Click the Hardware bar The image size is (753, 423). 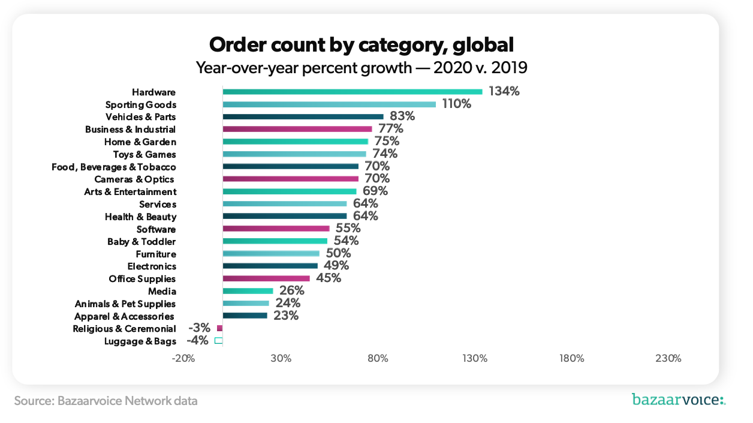click(x=353, y=92)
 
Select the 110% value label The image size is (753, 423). click(x=457, y=104)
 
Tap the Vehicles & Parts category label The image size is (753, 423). click(x=140, y=117)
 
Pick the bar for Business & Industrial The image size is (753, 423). click(x=297, y=129)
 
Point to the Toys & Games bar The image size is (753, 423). click(x=294, y=154)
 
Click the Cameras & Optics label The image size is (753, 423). click(x=134, y=179)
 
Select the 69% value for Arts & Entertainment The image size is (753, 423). click(x=375, y=191)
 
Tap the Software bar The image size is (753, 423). click(x=276, y=229)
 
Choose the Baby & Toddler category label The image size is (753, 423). click(x=141, y=242)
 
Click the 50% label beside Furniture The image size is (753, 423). click(x=338, y=254)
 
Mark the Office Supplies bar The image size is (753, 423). click(x=266, y=278)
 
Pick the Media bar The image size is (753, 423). click(x=248, y=291)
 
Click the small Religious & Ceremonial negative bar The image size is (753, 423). click(x=219, y=328)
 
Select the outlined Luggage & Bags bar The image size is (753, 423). click(x=219, y=341)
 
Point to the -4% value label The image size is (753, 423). click(x=197, y=341)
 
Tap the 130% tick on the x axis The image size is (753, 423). click(x=475, y=359)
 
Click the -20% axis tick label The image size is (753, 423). click(x=183, y=359)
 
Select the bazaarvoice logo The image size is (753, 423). click(x=678, y=400)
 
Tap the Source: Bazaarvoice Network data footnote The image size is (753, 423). click(x=106, y=400)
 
